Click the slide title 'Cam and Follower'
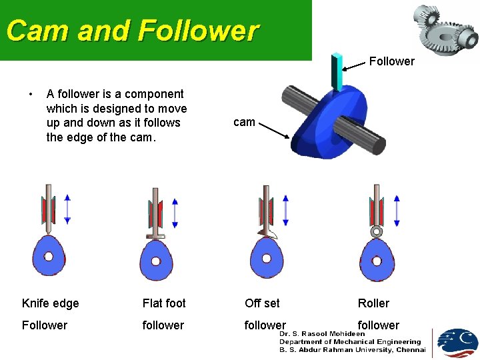(132, 31)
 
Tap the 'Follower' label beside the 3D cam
(391, 61)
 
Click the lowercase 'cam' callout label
(244, 122)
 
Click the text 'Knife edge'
(51, 303)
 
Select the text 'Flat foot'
(164, 303)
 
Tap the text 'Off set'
(262, 303)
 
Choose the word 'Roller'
(373, 303)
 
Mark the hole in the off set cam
(267, 258)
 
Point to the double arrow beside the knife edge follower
(67, 209)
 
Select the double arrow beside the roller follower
(397, 211)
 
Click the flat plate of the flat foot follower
(155, 236)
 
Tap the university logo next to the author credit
(457, 343)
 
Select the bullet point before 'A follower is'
(29, 94)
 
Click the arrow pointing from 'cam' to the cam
(274, 130)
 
